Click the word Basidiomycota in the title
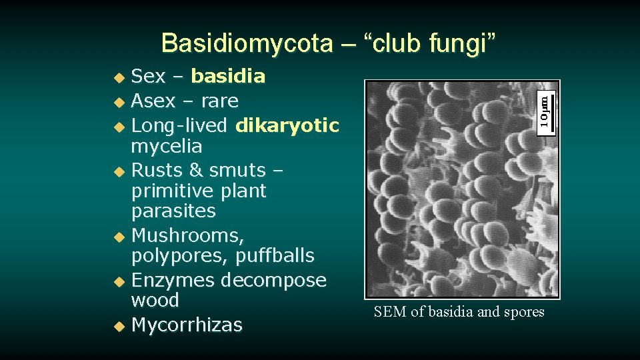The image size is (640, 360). (247, 43)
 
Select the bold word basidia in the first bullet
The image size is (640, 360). (228, 77)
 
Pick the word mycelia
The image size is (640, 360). (167, 146)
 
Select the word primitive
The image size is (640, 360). (176, 191)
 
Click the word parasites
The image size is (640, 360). (173, 211)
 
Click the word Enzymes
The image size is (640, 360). (173, 280)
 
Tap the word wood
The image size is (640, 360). (155, 301)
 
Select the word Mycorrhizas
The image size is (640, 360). (187, 325)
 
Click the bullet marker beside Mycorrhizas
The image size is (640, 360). (118, 327)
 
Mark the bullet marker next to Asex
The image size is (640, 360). (118, 103)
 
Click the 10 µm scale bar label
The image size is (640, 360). (545, 111)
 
